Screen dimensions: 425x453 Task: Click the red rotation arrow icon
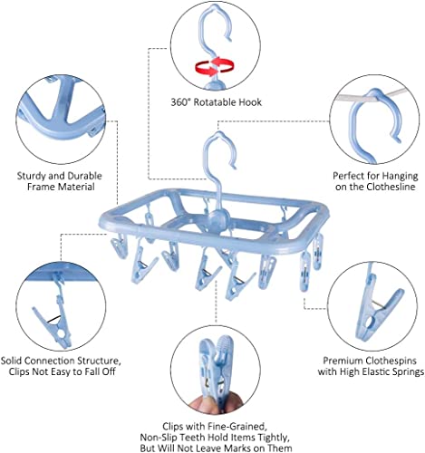(x=215, y=66)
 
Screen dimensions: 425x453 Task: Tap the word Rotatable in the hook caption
(x=215, y=102)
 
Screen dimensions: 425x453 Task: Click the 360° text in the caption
(x=180, y=102)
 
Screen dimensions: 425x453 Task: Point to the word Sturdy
(x=31, y=176)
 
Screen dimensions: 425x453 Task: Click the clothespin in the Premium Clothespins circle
(x=377, y=307)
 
